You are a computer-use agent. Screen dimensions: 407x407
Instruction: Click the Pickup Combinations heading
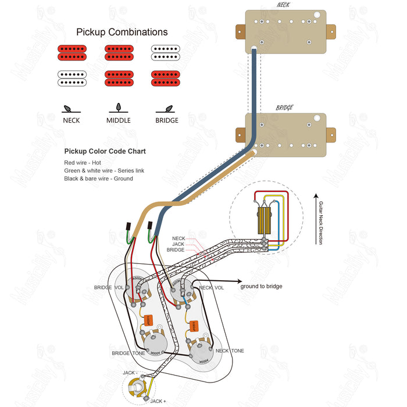coord(122,33)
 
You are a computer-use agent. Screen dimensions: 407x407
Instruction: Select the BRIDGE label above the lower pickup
coord(284,108)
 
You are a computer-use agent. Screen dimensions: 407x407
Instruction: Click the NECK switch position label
coord(72,120)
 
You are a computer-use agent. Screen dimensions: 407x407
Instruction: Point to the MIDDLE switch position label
coord(119,120)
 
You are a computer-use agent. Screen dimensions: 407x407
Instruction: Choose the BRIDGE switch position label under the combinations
coord(167,120)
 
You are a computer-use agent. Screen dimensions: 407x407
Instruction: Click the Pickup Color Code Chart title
coord(105,151)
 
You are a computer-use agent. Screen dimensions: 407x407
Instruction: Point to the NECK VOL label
coord(212,288)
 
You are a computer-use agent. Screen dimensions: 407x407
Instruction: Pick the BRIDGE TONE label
coord(128,353)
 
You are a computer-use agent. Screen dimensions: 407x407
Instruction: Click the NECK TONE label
coord(230,351)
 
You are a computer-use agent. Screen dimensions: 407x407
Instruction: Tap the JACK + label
coord(158,401)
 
